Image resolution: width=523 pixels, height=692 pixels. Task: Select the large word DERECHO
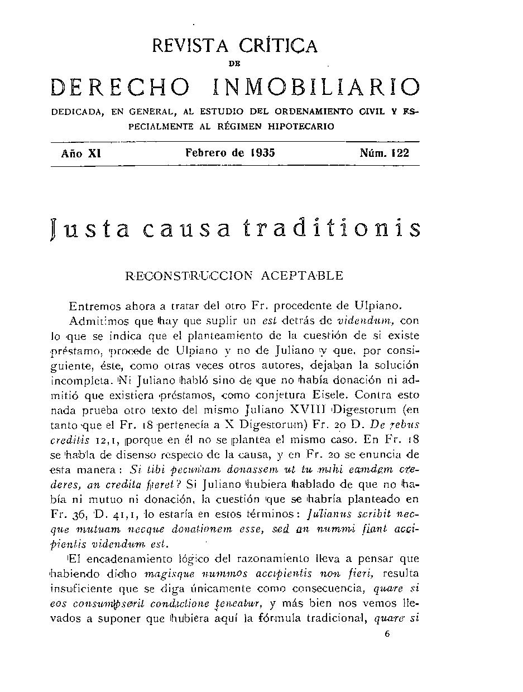click(119, 88)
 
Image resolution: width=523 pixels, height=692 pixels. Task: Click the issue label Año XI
click(80, 153)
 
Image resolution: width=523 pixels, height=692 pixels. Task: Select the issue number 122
click(400, 153)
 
